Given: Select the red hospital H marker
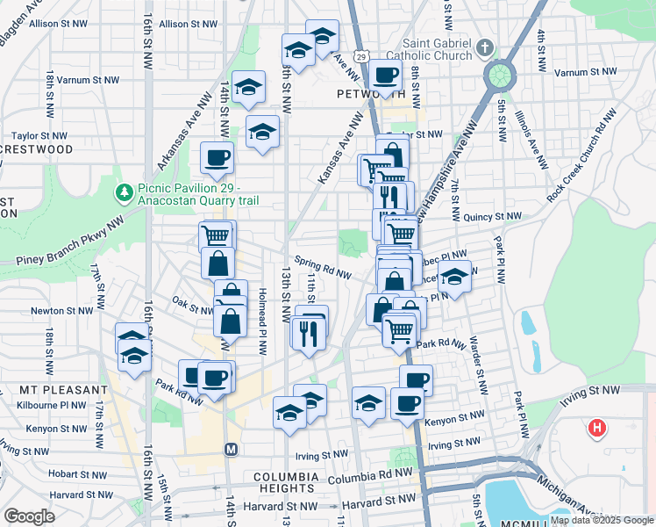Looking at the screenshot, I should (x=597, y=429).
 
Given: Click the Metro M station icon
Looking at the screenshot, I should (x=232, y=450).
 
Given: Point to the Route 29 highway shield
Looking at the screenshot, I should (x=361, y=57).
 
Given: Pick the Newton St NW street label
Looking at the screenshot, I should (x=61, y=311).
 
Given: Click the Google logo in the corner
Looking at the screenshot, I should (x=29, y=516).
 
